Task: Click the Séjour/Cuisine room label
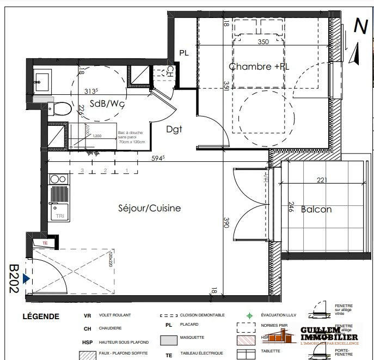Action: [149, 208]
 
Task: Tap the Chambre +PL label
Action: [259, 66]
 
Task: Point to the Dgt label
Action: [174, 129]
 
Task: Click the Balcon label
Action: [316, 209]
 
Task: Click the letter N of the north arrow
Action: [360, 26]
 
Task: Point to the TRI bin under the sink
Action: [59, 216]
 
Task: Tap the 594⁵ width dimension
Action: [158, 158]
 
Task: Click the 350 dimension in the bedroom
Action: [263, 41]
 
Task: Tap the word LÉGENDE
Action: [41, 316]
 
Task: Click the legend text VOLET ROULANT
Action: [114, 315]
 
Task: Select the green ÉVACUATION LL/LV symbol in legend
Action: [249, 315]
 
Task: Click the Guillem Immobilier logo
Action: [329, 333]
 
